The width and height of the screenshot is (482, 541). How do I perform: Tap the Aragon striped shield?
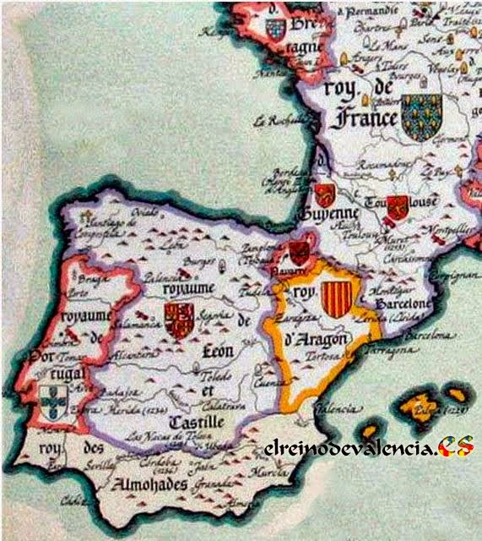pos(337,299)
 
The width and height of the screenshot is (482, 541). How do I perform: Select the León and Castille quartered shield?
pos(179,320)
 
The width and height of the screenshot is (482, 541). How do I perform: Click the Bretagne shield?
pos(275,30)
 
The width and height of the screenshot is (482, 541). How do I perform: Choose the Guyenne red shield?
pos(324,194)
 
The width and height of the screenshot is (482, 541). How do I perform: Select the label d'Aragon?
pos(317,344)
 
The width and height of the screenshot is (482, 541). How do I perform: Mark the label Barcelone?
pos(404,303)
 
